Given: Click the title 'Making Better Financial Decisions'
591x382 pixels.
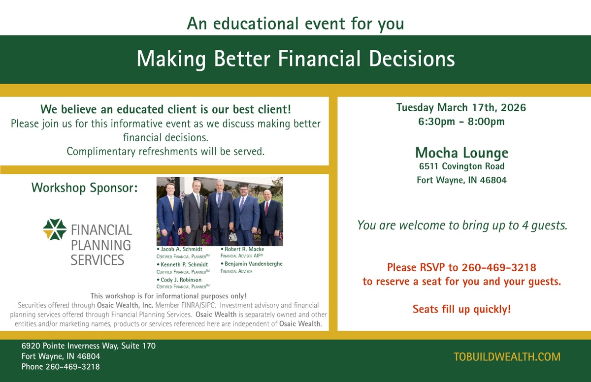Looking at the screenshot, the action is coord(296,59).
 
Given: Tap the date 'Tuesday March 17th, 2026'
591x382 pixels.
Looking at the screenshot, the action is coord(461,108).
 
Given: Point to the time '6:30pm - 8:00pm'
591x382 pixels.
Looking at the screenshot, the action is coord(461,122).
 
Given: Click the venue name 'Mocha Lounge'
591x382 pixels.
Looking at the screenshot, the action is coord(462,153).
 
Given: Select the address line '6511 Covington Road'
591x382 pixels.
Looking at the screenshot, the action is coord(462,166).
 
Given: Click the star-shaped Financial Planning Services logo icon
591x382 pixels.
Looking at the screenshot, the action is coord(55,229).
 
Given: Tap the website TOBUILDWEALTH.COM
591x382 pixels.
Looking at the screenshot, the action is coord(507,357).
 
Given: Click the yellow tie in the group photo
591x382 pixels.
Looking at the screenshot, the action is coord(172,203).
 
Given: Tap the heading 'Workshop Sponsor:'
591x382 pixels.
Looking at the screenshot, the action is coord(84,188).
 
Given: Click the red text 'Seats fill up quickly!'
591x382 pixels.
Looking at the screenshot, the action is coord(462,309).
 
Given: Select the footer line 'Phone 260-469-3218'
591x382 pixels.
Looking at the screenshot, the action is coord(61,367).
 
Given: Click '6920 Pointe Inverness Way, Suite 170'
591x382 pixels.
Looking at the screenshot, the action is coord(89,346).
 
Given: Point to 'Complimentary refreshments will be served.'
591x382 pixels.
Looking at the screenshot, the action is coord(165,152).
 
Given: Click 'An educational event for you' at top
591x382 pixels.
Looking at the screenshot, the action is coord(295,24).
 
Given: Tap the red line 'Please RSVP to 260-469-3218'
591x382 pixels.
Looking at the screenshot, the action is coord(462,268).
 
